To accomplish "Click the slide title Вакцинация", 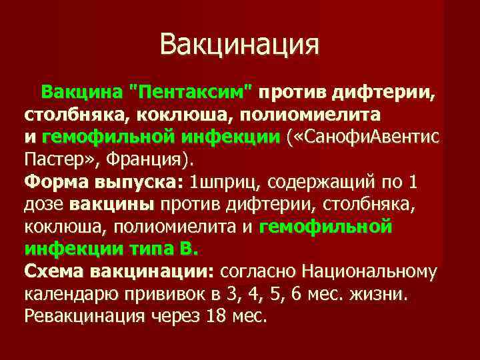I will (240, 45).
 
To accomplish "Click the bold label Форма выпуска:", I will (103, 182).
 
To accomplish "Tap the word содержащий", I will (326, 182).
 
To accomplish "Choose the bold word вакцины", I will (112, 205).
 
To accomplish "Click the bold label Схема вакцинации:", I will (119, 271).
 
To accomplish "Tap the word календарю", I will (71, 294).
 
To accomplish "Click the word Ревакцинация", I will (84, 316).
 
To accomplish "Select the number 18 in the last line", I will (216, 316).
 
